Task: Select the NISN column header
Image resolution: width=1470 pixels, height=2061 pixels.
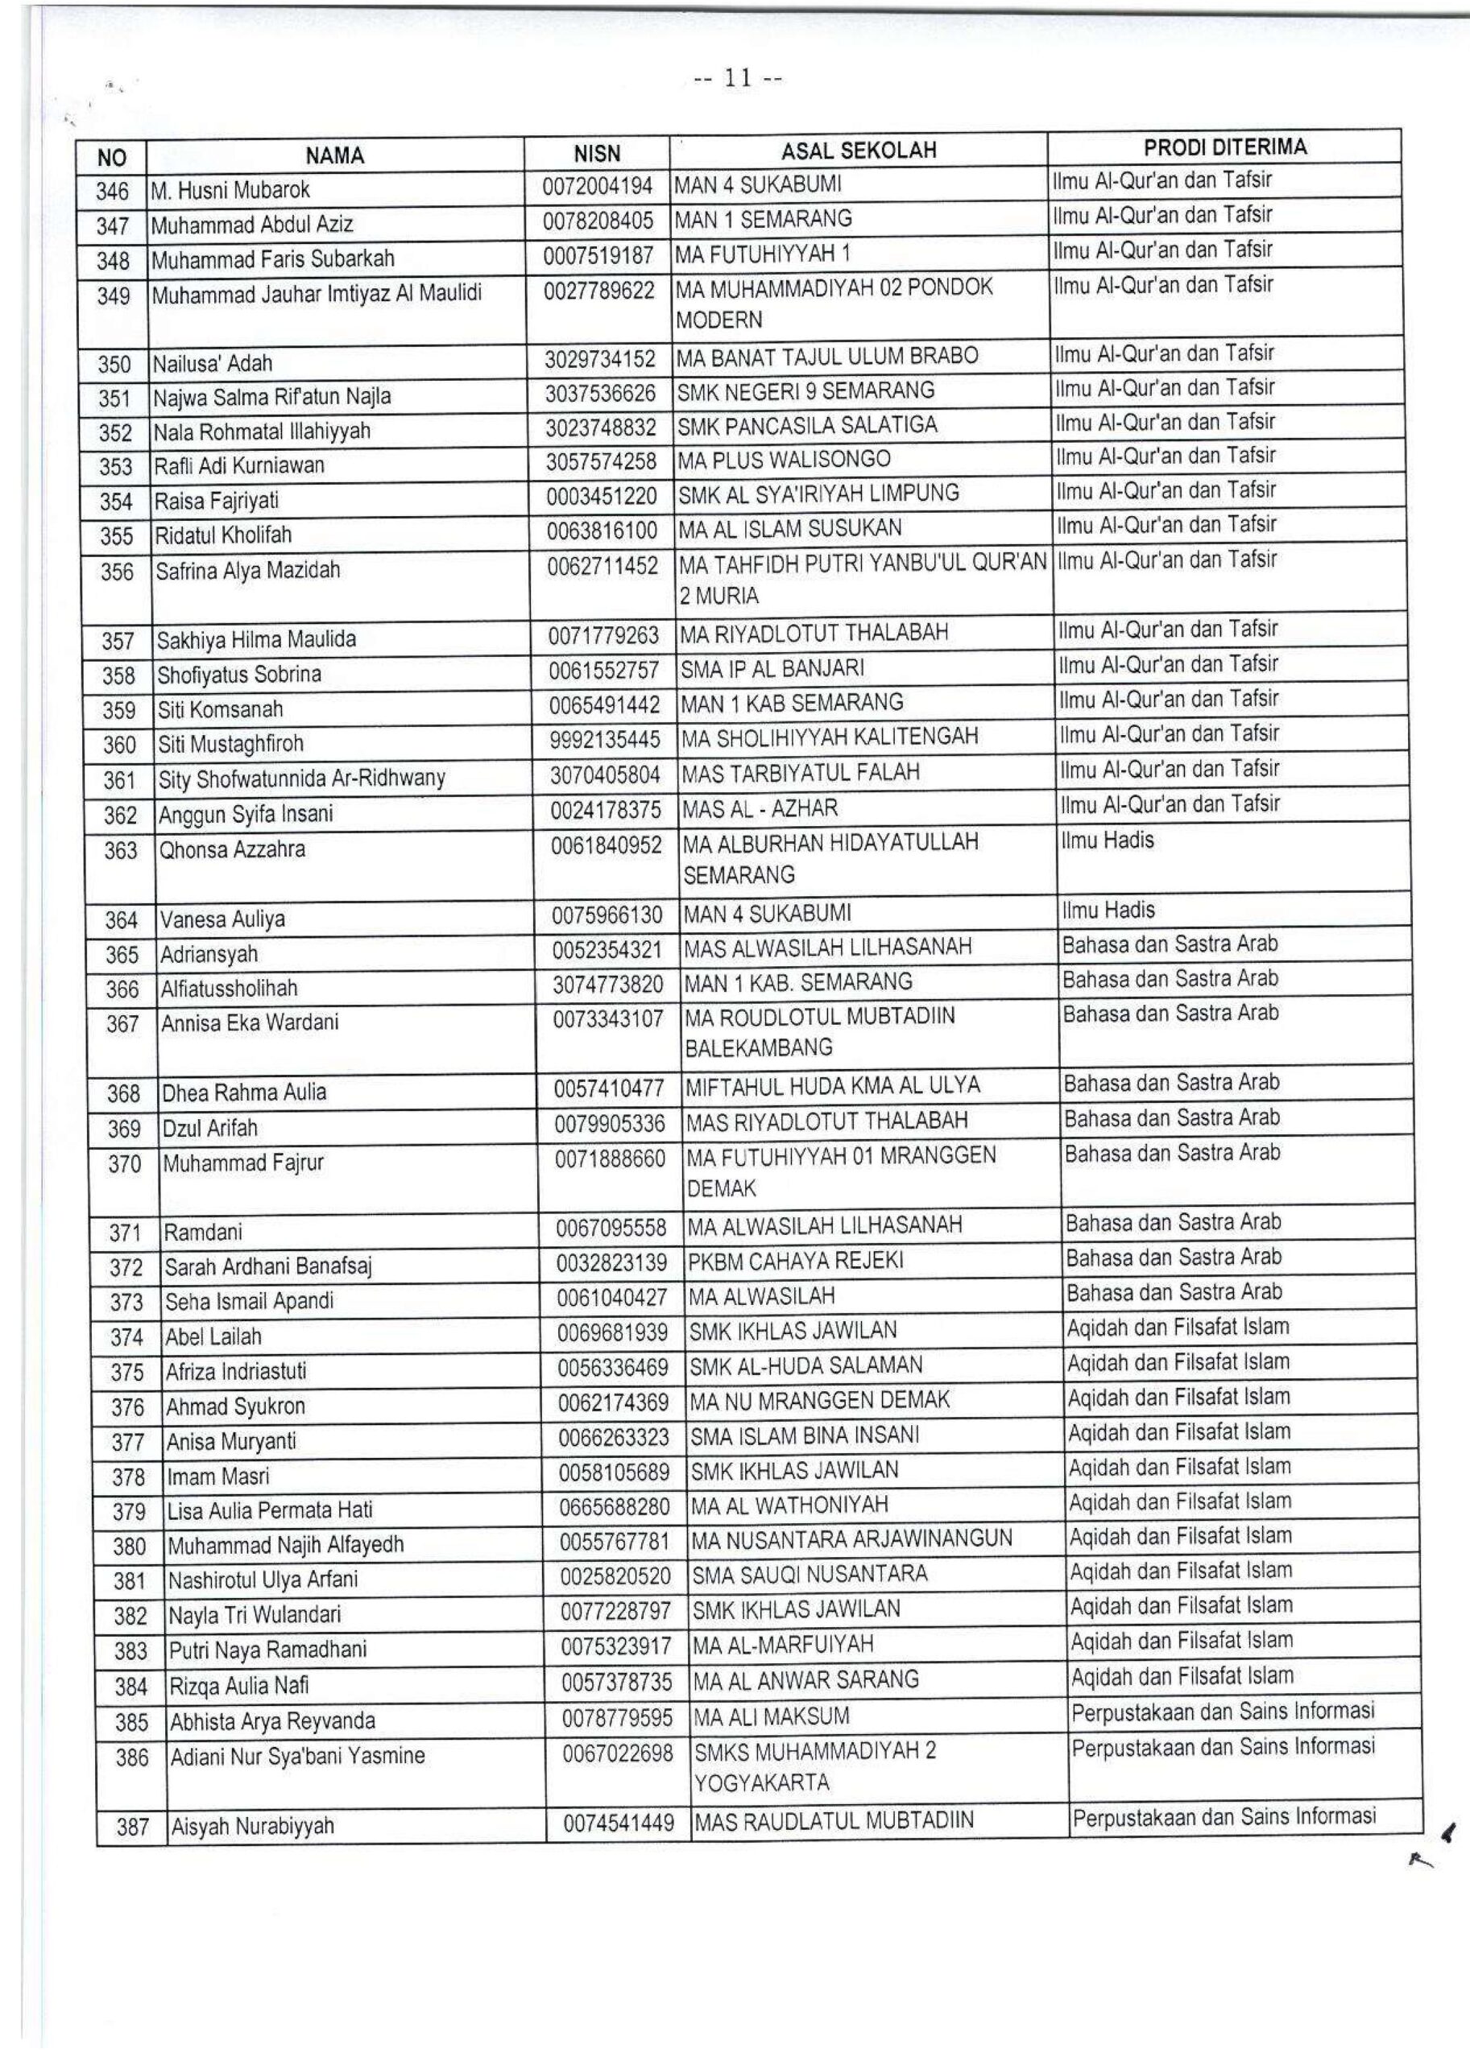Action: [597, 154]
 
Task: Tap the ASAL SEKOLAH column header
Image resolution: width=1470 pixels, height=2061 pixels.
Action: [858, 151]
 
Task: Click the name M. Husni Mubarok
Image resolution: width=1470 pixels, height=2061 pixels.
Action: [231, 190]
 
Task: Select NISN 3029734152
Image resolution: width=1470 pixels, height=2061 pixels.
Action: [599, 359]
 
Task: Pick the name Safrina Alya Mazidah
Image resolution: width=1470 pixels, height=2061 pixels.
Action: [248, 571]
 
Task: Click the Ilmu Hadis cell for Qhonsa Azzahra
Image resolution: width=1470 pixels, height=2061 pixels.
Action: [1108, 841]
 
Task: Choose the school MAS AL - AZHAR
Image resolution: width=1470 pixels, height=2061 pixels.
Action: [760, 808]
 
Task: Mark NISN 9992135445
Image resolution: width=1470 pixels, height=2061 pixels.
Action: [605, 740]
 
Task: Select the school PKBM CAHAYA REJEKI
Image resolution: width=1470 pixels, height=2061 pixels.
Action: [796, 1262]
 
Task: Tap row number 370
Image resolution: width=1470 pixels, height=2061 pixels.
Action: [124, 1163]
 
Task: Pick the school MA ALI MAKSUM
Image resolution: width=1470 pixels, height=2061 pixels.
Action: [771, 1716]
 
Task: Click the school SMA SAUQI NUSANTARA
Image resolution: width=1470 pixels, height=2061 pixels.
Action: [810, 1574]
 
